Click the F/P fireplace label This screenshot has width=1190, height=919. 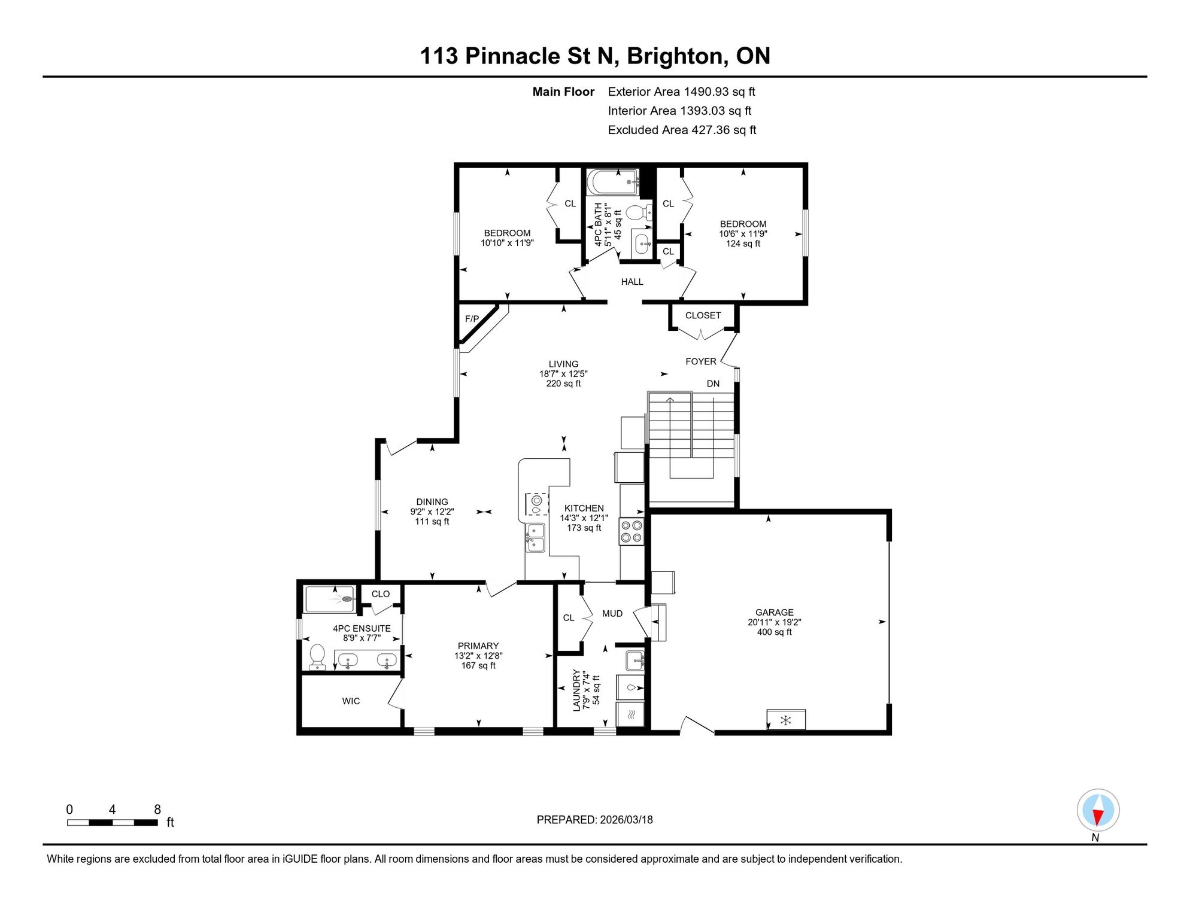point(472,319)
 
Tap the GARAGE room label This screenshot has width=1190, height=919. point(774,612)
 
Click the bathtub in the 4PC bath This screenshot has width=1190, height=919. point(613,182)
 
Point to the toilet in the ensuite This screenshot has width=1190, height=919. point(317,657)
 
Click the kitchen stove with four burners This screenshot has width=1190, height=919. point(631,531)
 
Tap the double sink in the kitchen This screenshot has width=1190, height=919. point(535,537)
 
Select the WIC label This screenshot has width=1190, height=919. point(351,701)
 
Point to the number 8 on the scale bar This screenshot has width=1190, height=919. point(157,810)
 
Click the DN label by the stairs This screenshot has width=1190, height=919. point(713,384)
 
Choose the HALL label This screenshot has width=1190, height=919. point(632,282)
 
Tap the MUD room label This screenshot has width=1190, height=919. point(612,613)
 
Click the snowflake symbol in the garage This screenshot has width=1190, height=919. point(786,720)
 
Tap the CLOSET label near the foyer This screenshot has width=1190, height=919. point(703,315)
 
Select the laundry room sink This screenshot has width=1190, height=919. point(635,661)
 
